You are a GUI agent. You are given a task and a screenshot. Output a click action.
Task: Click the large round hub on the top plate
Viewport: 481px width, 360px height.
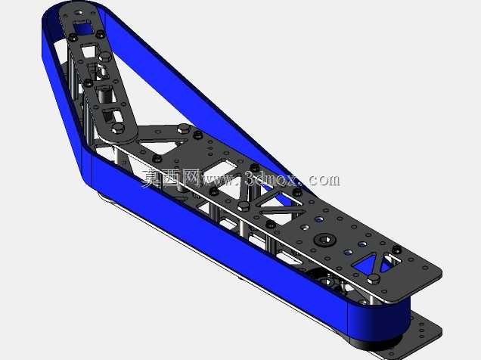tap(325, 239)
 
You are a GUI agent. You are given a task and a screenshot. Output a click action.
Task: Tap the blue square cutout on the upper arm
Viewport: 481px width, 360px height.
tap(82, 27)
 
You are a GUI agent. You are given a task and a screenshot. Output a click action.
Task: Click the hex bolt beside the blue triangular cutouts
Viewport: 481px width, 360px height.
tap(374, 279)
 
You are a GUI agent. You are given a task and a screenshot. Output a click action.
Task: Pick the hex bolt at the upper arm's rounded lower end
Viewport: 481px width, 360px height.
tap(118, 129)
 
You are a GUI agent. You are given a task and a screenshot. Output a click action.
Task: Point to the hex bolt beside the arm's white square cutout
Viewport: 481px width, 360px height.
tap(105, 57)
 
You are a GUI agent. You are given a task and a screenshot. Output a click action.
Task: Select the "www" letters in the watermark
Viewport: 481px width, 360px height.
tap(219, 180)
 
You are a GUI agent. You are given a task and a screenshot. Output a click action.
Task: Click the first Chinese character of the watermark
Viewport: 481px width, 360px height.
tap(151, 178)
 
